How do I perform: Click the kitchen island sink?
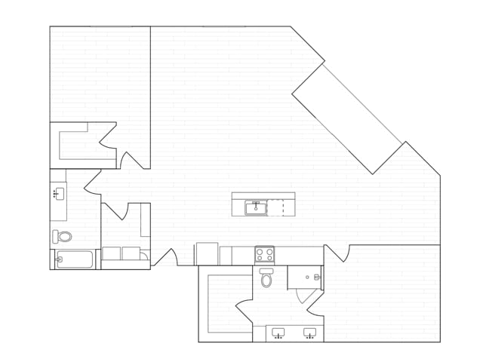tap(255, 207)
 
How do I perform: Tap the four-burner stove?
tap(264, 254)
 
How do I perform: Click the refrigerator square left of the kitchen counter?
tap(206, 253)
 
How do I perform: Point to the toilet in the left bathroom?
tap(63, 236)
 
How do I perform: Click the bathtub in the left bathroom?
tap(75, 259)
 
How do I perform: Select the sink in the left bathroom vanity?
tap(59, 194)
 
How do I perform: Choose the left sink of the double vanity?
tap(278, 332)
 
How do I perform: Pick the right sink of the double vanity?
tap(309, 332)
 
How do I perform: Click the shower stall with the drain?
tap(305, 277)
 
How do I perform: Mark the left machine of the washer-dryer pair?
tap(111, 253)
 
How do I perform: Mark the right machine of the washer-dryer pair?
tap(131, 253)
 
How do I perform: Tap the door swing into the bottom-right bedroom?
tap(337, 253)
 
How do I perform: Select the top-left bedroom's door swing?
tap(133, 160)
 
